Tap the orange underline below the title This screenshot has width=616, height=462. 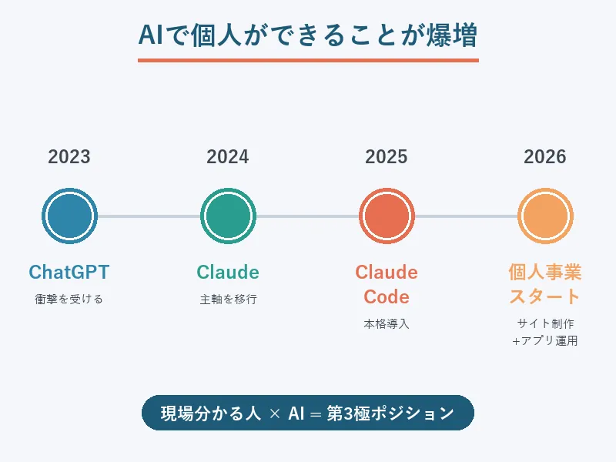[x=308, y=60]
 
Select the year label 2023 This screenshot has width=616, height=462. [x=69, y=157]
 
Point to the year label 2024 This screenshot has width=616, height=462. [x=228, y=157]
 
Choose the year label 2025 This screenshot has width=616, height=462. [x=387, y=157]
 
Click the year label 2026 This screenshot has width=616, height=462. [x=545, y=157]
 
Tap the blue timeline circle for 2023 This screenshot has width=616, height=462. [x=69, y=216]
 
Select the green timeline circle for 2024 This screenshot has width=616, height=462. [x=228, y=216]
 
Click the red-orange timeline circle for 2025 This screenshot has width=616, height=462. [x=387, y=216]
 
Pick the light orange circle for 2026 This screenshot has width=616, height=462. [x=545, y=216]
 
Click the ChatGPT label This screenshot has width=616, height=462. [x=69, y=272]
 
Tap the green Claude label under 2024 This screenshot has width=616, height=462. [x=228, y=272]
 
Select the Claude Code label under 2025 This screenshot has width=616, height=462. [x=387, y=284]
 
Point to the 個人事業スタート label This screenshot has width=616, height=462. [x=545, y=284]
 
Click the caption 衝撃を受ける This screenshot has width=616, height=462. [x=69, y=300]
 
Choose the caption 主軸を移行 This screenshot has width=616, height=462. [x=228, y=300]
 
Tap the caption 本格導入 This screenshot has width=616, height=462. [x=387, y=324]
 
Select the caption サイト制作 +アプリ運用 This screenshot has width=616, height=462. [x=545, y=332]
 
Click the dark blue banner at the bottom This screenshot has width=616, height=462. [x=308, y=413]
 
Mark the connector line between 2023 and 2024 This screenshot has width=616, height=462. [x=149, y=216]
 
